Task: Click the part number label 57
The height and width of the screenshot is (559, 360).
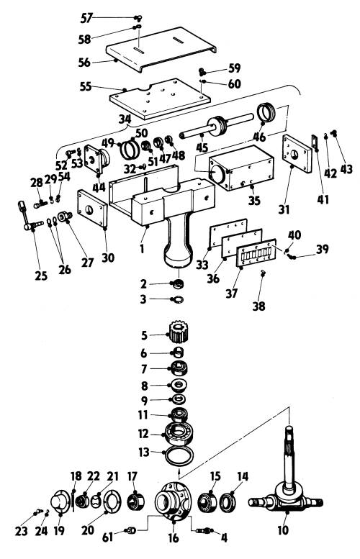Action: click(x=86, y=17)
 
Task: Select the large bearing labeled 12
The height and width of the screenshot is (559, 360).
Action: click(x=179, y=433)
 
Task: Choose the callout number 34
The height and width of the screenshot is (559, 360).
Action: click(x=125, y=119)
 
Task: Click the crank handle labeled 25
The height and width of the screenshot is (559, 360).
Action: click(x=29, y=217)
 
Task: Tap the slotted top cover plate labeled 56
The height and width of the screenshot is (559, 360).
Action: click(x=161, y=48)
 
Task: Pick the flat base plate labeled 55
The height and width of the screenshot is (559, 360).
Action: click(x=160, y=99)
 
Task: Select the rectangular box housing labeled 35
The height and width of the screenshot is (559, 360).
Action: click(x=242, y=167)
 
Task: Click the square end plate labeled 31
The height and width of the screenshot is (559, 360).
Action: click(x=297, y=153)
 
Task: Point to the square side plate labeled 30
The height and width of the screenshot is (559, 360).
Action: click(x=92, y=209)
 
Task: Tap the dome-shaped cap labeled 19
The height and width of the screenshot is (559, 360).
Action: click(x=60, y=503)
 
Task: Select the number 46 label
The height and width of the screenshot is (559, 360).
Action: click(x=259, y=136)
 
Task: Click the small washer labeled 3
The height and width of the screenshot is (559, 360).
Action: click(x=178, y=299)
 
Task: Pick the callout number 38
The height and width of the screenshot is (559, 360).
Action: click(x=258, y=306)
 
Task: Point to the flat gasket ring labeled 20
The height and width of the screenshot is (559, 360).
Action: click(x=112, y=503)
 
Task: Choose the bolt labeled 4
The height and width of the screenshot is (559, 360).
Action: click(x=205, y=531)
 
